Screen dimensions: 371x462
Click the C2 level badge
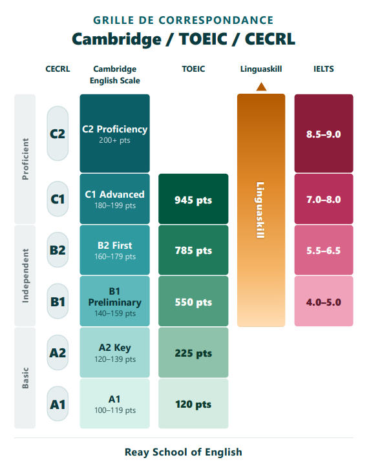click(x=58, y=134)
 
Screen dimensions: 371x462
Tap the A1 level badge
click(x=58, y=404)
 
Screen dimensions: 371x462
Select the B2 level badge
click(x=58, y=250)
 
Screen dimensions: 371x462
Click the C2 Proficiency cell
click(x=114, y=133)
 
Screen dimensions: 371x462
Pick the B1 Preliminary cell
click(x=114, y=301)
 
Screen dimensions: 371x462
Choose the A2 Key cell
click(x=114, y=352)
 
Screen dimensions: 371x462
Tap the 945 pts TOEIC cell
click(x=193, y=199)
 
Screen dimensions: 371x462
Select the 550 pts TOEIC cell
click(x=193, y=301)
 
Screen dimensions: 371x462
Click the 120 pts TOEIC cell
click(x=193, y=404)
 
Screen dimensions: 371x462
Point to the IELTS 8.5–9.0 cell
click(x=324, y=133)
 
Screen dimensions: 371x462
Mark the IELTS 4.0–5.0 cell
click(x=324, y=301)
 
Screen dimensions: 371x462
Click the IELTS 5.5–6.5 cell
click(x=324, y=250)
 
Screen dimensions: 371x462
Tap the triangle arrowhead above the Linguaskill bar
click(x=261, y=87)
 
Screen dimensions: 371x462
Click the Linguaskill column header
click(x=261, y=69)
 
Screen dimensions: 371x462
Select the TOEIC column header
click(x=193, y=69)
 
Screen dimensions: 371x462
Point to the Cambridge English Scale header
click(x=114, y=74)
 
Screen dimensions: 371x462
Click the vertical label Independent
click(x=25, y=276)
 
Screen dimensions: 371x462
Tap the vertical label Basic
click(x=25, y=378)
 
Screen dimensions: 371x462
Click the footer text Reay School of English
click(x=184, y=452)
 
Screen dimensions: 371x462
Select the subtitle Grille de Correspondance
click(x=184, y=20)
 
